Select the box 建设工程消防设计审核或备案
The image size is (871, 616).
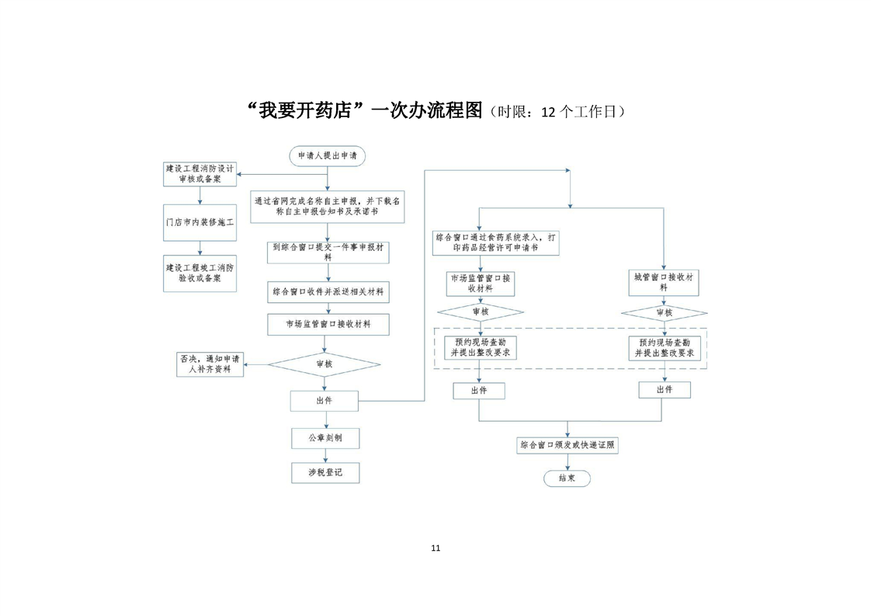pyautogui.click(x=200, y=174)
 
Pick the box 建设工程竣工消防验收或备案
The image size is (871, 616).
pyautogui.click(x=200, y=273)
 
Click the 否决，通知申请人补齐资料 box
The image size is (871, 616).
pyautogui.click(x=210, y=364)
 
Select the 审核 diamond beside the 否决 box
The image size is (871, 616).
pyautogui.click(x=324, y=364)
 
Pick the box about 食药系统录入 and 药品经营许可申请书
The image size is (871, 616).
pyautogui.click(x=495, y=242)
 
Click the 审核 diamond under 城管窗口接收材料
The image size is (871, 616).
pyautogui.click(x=664, y=313)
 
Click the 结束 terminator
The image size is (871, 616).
pyautogui.click(x=567, y=479)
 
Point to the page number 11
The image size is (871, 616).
pyautogui.click(x=435, y=548)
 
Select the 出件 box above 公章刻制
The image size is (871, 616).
pyautogui.click(x=324, y=401)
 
